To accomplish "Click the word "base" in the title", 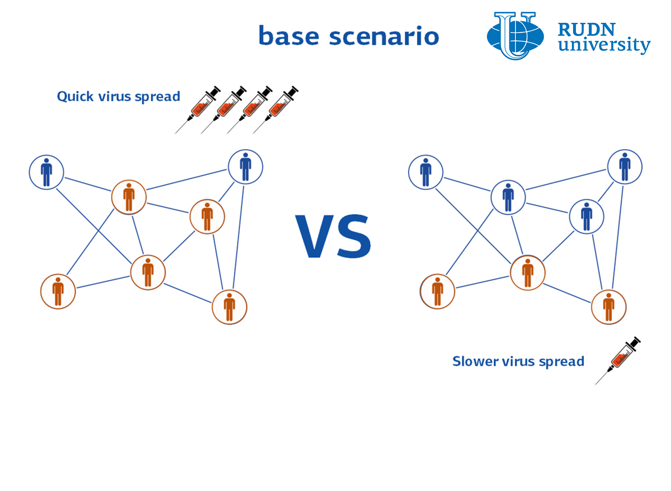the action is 289,36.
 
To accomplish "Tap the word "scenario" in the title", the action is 384,36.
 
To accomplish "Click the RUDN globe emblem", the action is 515,36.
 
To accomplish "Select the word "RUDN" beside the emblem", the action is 587,29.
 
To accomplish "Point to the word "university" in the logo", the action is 604,45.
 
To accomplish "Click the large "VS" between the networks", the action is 333,236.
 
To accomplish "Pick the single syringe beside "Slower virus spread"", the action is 617,360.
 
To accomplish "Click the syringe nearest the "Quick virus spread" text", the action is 197,110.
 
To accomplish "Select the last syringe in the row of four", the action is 275,110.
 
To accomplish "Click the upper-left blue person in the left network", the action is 46,172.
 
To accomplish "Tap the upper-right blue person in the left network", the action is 245,167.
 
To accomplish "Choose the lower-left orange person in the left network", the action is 58,291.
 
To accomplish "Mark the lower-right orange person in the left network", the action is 229,307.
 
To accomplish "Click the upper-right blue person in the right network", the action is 625,167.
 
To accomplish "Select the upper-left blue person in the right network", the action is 426,172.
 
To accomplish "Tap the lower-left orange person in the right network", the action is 438,291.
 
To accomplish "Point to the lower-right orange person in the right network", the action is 609,307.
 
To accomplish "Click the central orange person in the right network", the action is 528,273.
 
